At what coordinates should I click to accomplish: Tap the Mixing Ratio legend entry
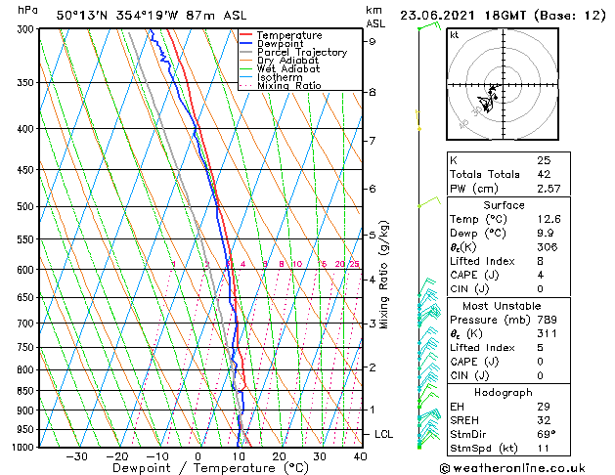tap(288, 86)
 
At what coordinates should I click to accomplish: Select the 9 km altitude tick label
tap(372, 42)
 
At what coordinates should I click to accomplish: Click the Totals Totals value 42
tap(543, 174)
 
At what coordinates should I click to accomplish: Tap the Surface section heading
tap(504, 205)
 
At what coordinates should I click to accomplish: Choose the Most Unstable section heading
tap(504, 306)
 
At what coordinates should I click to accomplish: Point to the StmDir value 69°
tap(545, 434)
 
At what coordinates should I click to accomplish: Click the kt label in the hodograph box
tap(454, 34)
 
